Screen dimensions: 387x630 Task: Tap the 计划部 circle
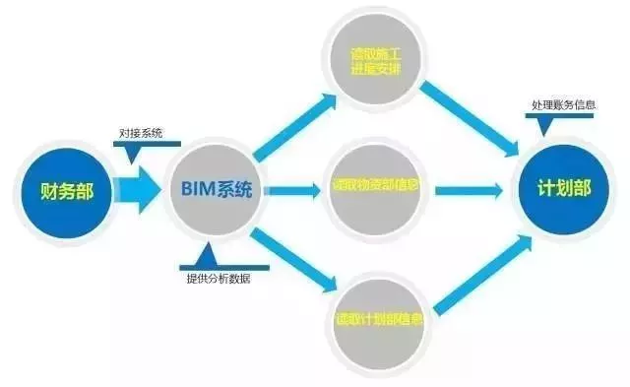click(x=563, y=189)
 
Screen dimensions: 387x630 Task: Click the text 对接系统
click(x=140, y=133)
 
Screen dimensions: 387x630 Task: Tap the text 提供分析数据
click(x=219, y=278)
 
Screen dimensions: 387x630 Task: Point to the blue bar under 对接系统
click(x=139, y=147)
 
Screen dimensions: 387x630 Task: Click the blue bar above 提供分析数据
click(x=218, y=264)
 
